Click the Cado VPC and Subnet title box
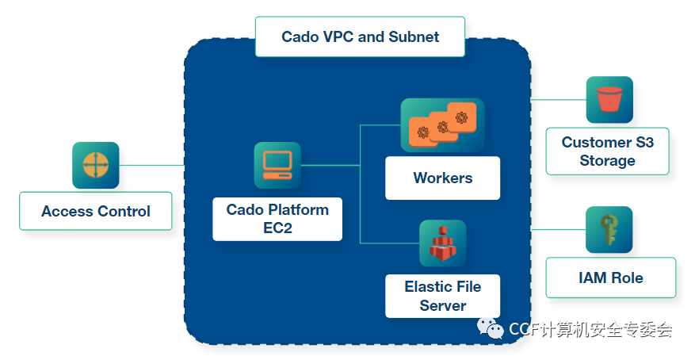[360, 36]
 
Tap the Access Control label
[96, 211]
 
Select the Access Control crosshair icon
[96, 166]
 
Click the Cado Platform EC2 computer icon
[277, 166]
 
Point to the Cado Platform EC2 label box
[277, 219]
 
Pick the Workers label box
[443, 178]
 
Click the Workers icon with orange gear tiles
[443, 125]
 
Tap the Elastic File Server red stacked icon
[443, 243]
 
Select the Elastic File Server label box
[443, 296]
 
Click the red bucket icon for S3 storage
[609, 100]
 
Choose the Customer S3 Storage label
[607, 151]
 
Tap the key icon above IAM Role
[609, 230]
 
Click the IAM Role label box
[611, 278]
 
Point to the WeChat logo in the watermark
[491, 328]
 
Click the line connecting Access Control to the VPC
[151, 166]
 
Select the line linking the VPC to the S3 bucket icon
[559, 100]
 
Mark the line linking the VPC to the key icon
[559, 230]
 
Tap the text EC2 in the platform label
[277, 228]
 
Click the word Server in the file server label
[443, 305]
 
